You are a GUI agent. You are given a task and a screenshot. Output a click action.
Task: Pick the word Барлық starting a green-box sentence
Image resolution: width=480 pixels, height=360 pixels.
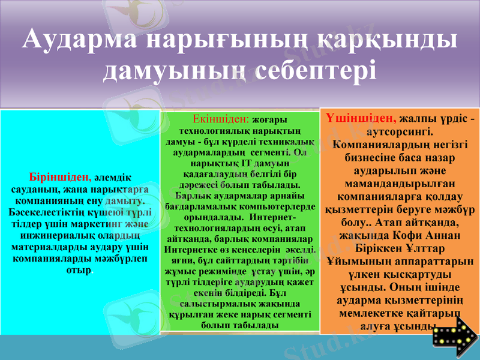tap(192, 195)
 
